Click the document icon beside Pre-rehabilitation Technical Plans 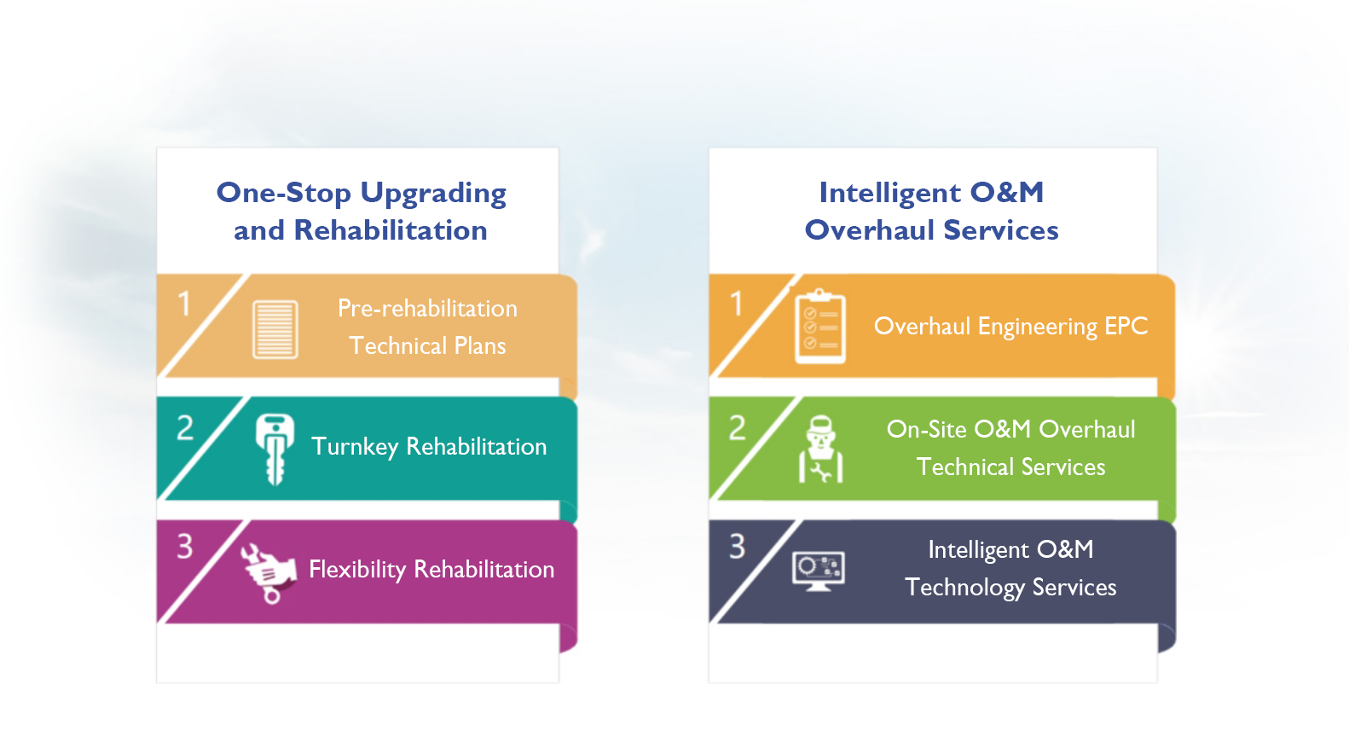coord(275,329)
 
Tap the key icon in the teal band coord(275,449)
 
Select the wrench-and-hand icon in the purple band coord(269,572)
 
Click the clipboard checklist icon coord(820,326)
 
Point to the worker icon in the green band coord(820,449)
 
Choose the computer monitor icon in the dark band coord(819,571)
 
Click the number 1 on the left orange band coord(184,304)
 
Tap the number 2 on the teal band coord(185,428)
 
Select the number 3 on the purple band coord(185,547)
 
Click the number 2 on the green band coord(737,428)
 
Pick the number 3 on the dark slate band coord(737,547)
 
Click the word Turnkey coord(355,447)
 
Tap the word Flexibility coord(357,570)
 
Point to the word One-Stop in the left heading coord(283,193)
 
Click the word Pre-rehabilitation coord(427,309)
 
